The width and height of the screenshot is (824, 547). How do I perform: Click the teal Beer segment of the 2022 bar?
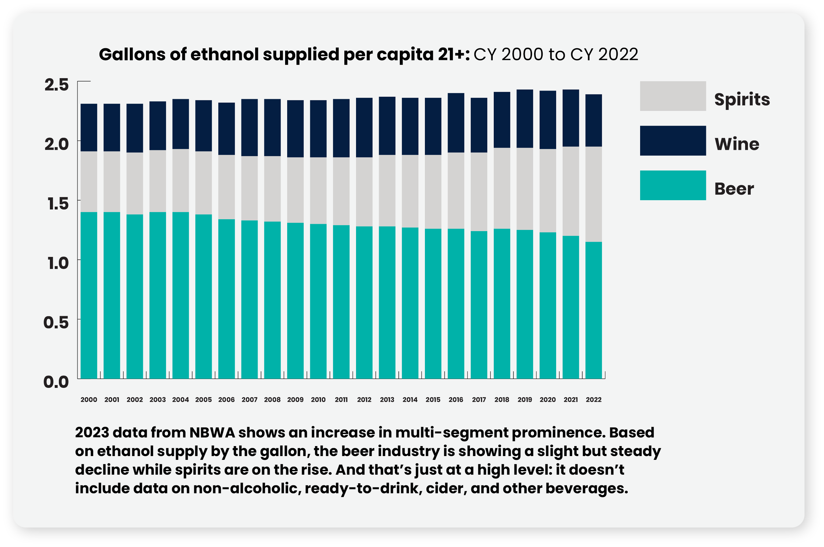click(x=594, y=310)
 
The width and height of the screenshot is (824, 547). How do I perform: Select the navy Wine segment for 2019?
click(x=524, y=118)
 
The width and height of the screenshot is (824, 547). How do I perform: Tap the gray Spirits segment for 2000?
click(x=89, y=182)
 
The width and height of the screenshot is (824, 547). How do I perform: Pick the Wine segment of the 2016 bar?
click(x=456, y=123)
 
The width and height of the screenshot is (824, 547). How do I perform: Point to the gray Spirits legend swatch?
click(x=672, y=96)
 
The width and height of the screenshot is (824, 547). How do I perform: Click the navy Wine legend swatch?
click(x=672, y=141)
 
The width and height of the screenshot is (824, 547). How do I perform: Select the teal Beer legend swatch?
click(x=672, y=185)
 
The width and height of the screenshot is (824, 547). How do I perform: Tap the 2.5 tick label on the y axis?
click(x=56, y=85)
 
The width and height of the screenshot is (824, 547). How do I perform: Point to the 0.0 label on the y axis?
click(x=56, y=382)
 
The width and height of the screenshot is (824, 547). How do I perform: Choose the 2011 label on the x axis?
click(x=341, y=400)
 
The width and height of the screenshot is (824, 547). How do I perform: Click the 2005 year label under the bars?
click(x=203, y=400)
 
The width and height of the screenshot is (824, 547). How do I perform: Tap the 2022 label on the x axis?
click(x=594, y=400)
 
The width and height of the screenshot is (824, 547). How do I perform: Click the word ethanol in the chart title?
click(x=225, y=55)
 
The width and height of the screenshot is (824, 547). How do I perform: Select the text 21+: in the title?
click(x=454, y=55)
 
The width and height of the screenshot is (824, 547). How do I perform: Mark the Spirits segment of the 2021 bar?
click(x=571, y=191)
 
